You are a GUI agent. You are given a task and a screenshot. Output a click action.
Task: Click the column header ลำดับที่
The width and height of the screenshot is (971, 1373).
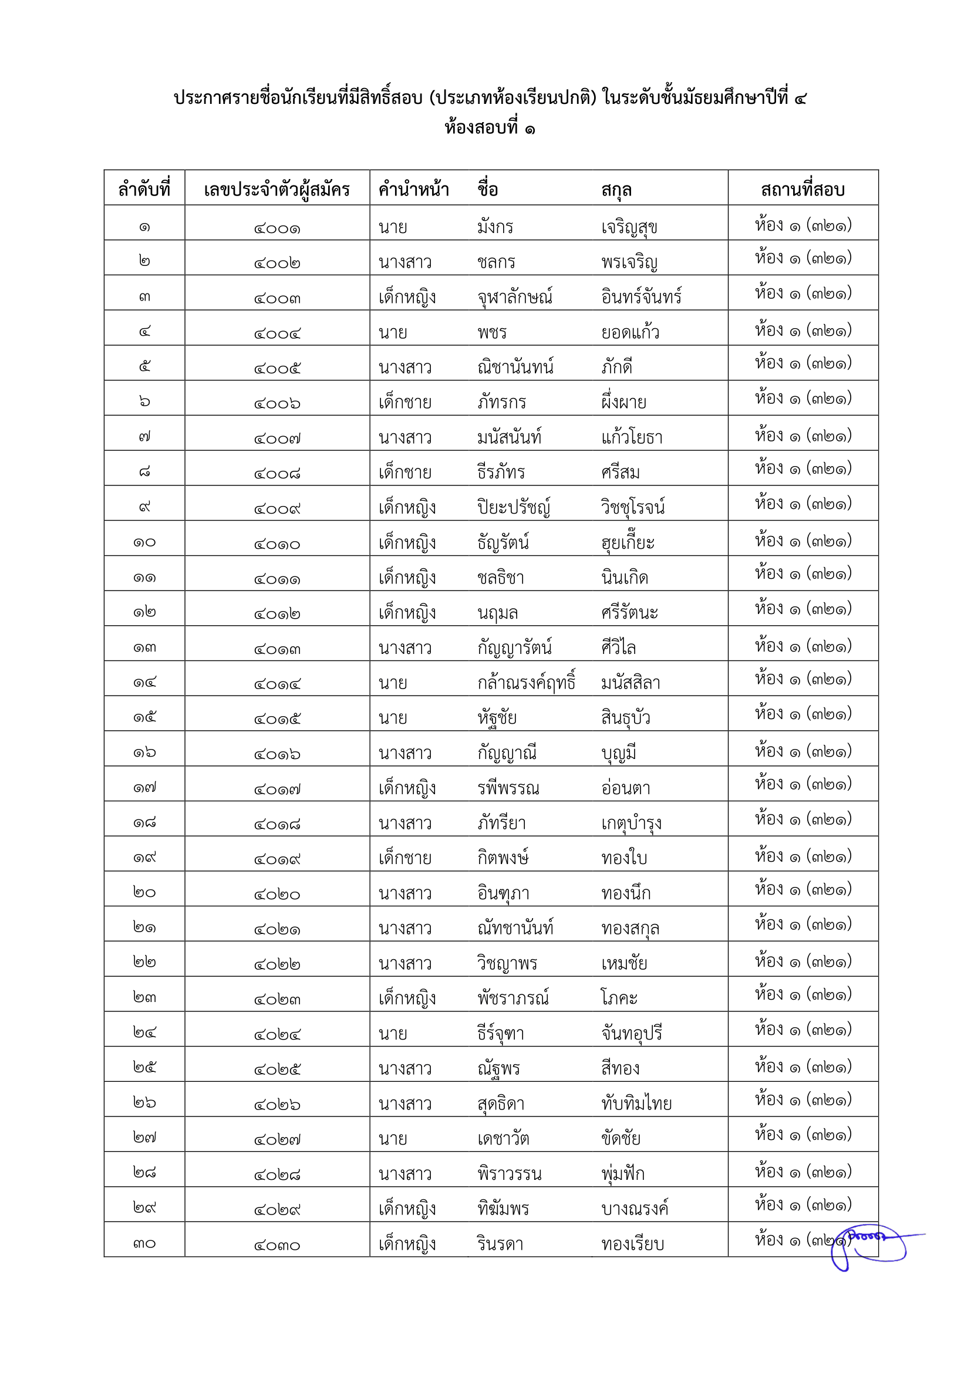pyautogui.click(x=144, y=190)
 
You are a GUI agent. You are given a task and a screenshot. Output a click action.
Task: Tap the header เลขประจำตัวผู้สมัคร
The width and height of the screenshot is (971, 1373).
pyautogui.click(x=277, y=190)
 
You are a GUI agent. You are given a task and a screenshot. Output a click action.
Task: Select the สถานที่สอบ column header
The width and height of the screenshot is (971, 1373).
pyautogui.click(x=803, y=190)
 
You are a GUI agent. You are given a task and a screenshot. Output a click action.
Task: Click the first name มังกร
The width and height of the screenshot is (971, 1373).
pyautogui.click(x=495, y=227)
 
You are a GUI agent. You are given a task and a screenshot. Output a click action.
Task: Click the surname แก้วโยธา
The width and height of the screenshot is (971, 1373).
pyautogui.click(x=632, y=438)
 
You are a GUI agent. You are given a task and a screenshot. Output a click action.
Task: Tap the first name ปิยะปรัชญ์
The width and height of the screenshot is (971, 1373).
pyautogui.click(x=513, y=508)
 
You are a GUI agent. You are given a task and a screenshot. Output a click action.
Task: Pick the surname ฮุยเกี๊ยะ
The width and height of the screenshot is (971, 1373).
pyautogui.click(x=628, y=542)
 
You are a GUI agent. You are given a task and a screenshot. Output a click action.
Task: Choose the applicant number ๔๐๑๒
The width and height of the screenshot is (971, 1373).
pyautogui.click(x=277, y=613)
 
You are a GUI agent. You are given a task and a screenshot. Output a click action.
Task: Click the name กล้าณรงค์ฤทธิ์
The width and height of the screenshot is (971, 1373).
pyautogui.click(x=526, y=683)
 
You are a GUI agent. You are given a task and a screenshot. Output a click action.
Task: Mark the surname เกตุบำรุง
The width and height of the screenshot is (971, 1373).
pyautogui.click(x=632, y=824)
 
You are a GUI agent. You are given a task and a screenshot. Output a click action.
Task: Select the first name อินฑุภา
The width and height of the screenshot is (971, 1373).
pyautogui.click(x=503, y=893)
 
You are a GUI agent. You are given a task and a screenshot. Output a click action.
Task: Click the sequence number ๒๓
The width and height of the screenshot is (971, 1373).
pyautogui.click(x=144, y=997)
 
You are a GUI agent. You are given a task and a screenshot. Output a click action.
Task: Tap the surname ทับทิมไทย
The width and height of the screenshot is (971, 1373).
pyautogui.click(x=636, y=1104)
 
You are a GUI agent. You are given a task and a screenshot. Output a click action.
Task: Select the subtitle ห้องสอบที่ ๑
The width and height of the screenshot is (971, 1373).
pyautogui.click(x=490, y=128)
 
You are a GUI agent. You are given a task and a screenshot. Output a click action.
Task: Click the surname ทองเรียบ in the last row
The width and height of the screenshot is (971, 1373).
pyautogui.click(x=633, y=1244)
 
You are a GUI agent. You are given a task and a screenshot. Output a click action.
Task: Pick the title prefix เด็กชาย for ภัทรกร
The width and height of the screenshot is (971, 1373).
pyautogui.click(x=405, y=403)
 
